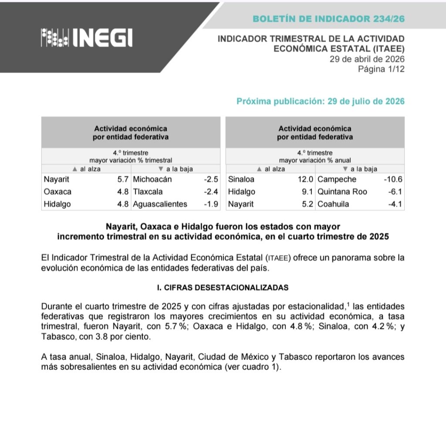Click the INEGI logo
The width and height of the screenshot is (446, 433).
86,37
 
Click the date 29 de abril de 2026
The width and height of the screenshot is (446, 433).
367,59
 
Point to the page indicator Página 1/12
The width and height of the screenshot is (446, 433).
381,69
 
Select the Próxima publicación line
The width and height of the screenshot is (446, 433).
320,101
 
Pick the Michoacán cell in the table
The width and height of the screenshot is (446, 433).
152,179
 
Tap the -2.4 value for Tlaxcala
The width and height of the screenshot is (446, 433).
211,192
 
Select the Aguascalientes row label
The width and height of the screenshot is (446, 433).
160,204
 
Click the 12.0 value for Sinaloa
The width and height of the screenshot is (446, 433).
305,179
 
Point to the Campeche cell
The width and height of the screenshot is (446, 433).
337,179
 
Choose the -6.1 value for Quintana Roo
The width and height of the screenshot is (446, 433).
395,192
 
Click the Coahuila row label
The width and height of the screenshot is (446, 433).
333,204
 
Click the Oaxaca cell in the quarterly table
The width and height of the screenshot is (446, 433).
57,192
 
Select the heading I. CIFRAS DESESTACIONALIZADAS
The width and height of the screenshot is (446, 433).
223,288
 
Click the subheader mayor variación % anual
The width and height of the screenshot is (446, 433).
314,160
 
